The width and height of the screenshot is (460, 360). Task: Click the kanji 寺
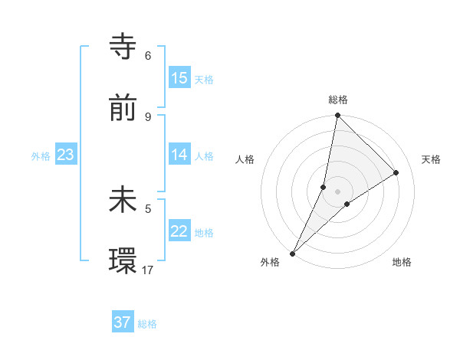[x=123, y=47]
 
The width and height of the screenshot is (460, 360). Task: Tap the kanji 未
[x=123, y=200]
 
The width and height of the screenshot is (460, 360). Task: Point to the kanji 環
[x=123, y=260]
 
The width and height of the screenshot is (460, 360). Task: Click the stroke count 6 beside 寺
[x=148, y=56]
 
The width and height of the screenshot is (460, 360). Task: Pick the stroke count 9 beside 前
[x=148, y=116]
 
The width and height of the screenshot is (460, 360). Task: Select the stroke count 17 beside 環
[x=148, y=270]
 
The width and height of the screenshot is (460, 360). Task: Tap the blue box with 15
[x=179, y=78]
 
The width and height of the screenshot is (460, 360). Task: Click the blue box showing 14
[x=179, y=155]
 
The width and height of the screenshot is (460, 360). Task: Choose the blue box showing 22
[x=179, y=231]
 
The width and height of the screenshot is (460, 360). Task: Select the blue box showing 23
[x=66, y=155]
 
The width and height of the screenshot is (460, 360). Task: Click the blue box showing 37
[x=123, y=322]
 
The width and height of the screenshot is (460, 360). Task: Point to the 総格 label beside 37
[x=147, y=324]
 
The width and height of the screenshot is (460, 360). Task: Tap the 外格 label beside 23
[x=41, y=156]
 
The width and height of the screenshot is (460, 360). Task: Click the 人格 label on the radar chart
[x=245, y=159]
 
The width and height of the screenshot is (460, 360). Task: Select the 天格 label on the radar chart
[x=432, y=159]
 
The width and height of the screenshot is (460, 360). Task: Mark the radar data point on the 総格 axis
[x=337, y=116]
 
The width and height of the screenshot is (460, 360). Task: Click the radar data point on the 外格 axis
[x=292, y=253]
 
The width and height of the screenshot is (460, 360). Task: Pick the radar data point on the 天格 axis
[x=396, y=172]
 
